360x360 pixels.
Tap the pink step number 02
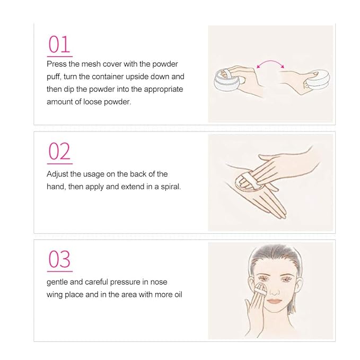pos(59,151)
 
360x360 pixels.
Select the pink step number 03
pos(59,259)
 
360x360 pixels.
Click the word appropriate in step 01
pos(163,89)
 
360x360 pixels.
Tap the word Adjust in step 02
pos(58,174)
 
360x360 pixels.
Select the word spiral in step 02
pos(171,186)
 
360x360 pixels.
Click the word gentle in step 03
pos(58,282)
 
